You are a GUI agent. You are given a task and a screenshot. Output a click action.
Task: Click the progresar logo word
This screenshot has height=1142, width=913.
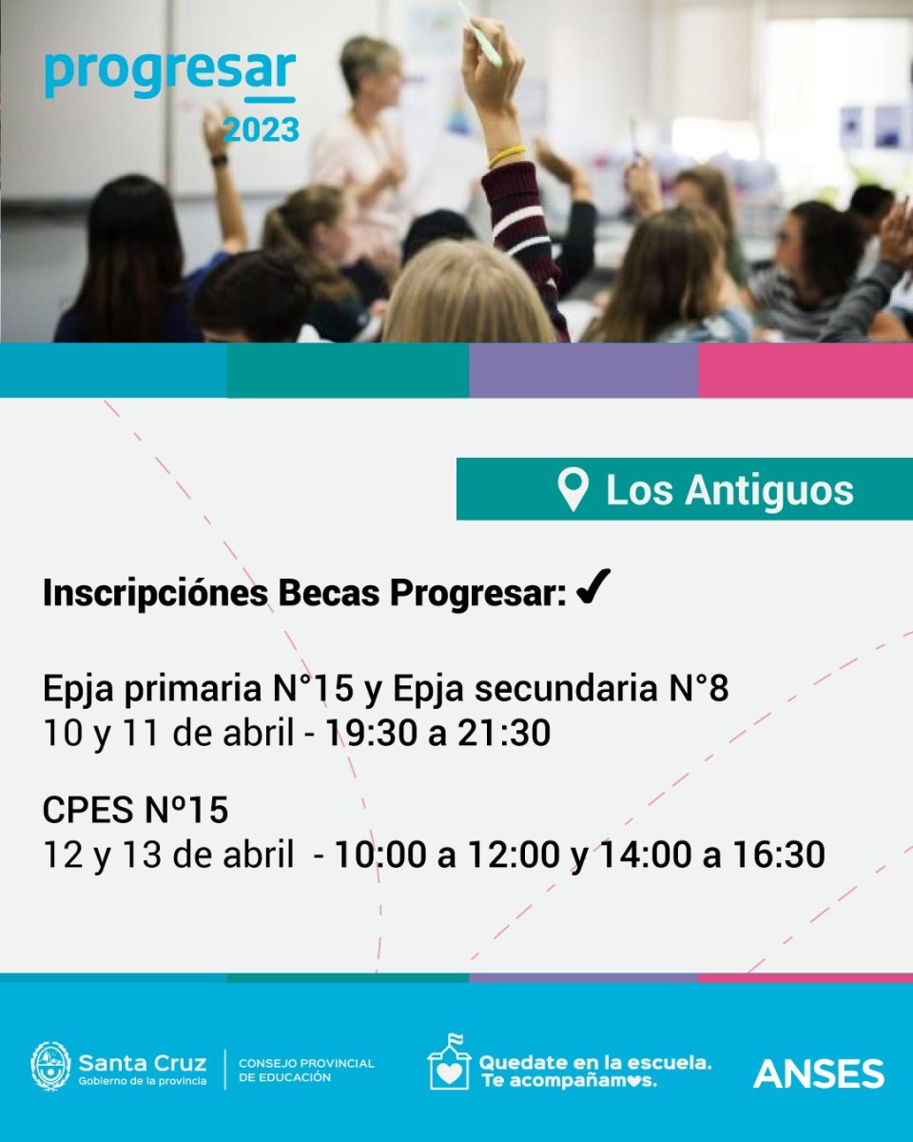(x=170, y=74)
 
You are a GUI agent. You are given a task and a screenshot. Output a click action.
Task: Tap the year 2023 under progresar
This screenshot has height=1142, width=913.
(x=261, y=130)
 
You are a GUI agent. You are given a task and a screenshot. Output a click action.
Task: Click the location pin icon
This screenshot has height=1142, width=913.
(x=573, y=490)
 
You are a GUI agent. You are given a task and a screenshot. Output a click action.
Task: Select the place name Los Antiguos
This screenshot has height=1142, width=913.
(x=730, y=490)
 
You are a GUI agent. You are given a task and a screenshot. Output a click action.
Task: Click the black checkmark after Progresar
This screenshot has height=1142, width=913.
(x=593, y=587)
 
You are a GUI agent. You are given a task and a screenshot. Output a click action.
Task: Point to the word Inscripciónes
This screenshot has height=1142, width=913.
(x=155, y=593)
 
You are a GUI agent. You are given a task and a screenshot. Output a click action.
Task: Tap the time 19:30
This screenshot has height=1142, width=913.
(x=371, y=734)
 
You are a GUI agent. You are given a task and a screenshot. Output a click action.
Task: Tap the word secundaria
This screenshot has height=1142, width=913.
(x=564, y=689)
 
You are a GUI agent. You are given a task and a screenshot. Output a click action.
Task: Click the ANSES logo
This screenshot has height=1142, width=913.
(x=819, y=1073)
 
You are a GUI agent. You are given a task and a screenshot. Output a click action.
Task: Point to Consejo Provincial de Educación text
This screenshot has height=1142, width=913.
(x=306, y=1071)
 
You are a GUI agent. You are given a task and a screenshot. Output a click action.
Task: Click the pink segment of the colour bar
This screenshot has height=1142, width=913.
(x=806, y=370)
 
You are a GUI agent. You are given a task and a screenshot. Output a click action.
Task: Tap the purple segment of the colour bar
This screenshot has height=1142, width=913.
(x=584, y=370)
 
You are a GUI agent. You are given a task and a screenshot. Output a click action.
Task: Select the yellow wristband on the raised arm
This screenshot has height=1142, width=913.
(x=507, y=156)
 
